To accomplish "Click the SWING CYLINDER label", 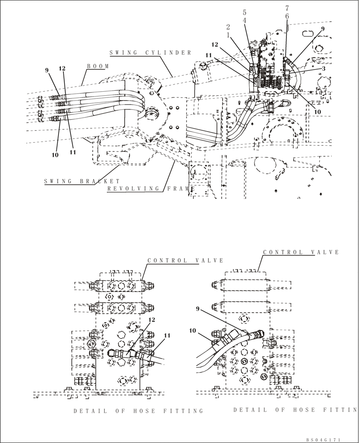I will click(150, 53).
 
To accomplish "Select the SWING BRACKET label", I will click(82, 181).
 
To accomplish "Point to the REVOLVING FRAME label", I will click(151, 189).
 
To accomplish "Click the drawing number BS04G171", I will click(323, 440).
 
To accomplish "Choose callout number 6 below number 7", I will click(287, 16).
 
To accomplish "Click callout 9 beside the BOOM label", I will click(47, 70).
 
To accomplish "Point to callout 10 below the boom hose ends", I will click(55, 155).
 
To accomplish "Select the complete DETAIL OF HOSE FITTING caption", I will click(138, 411).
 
